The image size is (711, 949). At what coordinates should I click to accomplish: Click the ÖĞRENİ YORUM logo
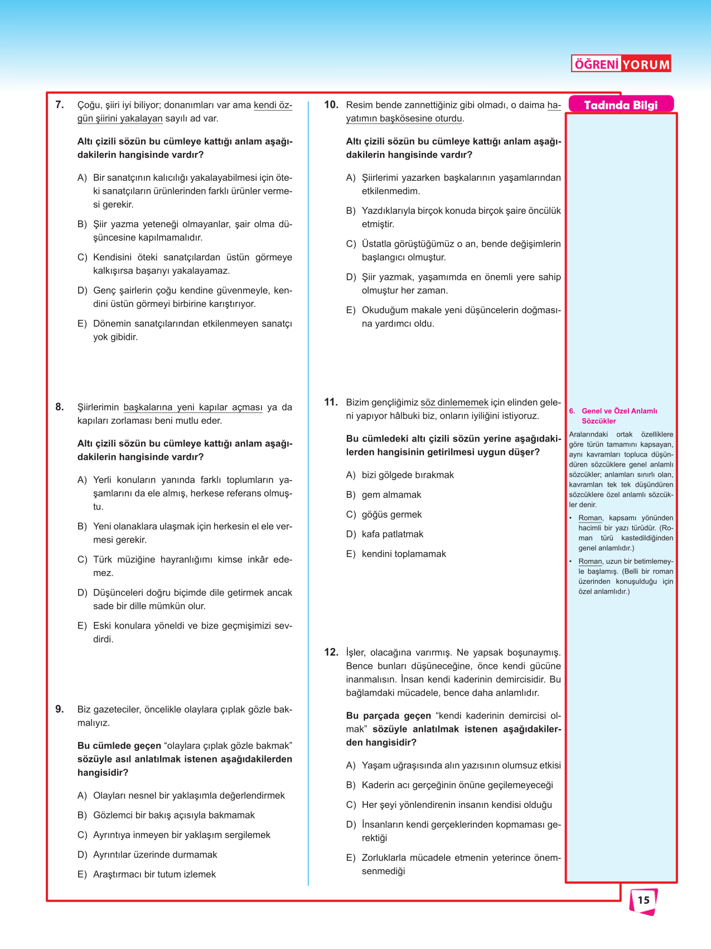point(621,64)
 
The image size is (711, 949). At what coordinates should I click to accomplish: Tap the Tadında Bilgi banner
point(621,105)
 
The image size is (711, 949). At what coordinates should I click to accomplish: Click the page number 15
point(644,900)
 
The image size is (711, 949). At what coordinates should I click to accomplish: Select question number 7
point(60,104)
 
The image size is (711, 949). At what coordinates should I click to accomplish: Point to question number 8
point(60,407)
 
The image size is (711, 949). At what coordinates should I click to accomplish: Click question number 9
point(60,709)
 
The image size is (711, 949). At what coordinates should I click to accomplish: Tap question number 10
point(331,104)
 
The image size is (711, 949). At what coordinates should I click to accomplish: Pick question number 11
point(331,402)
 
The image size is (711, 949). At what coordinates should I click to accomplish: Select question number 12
point(331,652)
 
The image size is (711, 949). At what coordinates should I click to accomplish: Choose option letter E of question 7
point(82,324)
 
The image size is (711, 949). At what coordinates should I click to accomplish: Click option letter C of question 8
point(82,559)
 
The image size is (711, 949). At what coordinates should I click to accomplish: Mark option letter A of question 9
point(82,795)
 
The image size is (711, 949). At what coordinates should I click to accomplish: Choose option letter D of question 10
point(351,277)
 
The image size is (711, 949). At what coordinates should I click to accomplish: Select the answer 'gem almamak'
point(391,495)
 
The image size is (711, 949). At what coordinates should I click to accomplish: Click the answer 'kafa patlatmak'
point(393,534)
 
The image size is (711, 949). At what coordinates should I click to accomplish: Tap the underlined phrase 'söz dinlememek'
point(454,402)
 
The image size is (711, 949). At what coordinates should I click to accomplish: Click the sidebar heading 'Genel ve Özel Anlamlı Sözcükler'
point(619,416)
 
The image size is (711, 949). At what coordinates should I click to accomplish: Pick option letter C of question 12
point(351,805)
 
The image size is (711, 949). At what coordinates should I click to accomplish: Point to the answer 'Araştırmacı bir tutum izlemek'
point(154,874)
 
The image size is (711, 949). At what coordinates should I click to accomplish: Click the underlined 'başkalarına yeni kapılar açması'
point(193,408)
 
